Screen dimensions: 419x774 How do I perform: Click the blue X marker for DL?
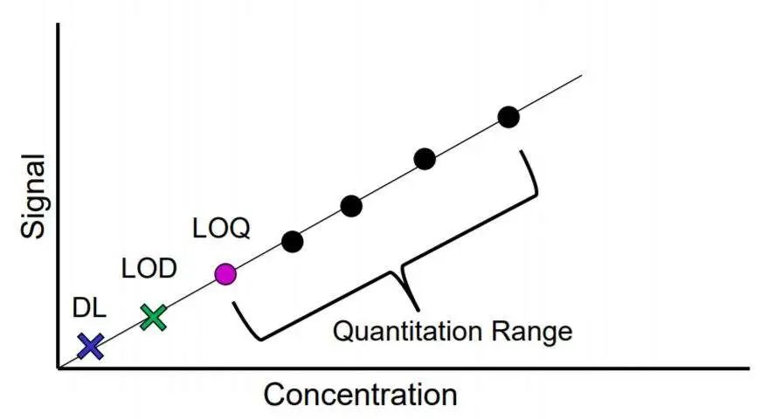point(90,347)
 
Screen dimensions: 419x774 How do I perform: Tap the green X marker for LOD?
point(153,317)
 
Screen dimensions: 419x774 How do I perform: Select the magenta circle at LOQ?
point(225,274)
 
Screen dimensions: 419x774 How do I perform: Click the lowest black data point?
point(293,241)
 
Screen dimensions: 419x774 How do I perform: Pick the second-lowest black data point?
point(351,206)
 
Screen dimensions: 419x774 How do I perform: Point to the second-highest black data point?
point(425,159)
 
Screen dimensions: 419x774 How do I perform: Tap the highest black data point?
point(508,116)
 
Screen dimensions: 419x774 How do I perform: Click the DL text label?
point(90,307)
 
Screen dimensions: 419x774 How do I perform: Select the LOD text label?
point(149,268)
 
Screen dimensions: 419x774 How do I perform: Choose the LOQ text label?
point(221,229)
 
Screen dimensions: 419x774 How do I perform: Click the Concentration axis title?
point(360,395)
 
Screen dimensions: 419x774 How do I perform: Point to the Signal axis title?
point(32,196)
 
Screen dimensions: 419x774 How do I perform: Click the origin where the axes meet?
point(59,367)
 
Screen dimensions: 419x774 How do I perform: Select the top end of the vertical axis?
point(59,24)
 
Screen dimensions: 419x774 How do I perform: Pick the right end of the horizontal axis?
point(748,367)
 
